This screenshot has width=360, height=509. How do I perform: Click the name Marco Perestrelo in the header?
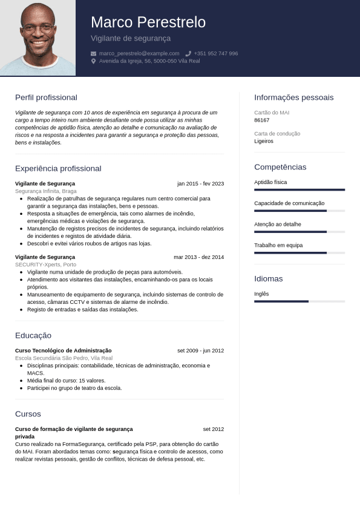tap(148, 22)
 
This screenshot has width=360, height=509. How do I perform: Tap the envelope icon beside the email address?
tap(93, 53)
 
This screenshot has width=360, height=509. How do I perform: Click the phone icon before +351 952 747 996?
tap(188, 53)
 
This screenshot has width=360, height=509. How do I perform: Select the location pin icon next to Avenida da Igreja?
tap(93, 61)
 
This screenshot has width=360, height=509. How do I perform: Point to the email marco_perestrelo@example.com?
tap(139, 53)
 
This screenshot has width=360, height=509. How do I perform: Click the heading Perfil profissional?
tap(46, 97)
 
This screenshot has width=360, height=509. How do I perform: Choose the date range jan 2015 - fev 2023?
tap(200, 183)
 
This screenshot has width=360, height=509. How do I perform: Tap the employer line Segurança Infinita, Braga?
tap(45, 191)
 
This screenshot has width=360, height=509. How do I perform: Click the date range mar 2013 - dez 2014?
tap(198, 257)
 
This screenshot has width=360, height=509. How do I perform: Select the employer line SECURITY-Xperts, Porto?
tap(45, 264)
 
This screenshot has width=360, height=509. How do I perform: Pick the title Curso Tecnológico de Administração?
tap(63, 350)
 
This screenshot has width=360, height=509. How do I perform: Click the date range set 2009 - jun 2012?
tap(200, 350)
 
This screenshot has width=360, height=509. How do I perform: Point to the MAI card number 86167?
tap(262, 120)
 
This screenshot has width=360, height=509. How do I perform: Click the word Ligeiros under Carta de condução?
tap(264, 141)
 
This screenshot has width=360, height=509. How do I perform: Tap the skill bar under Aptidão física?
tap(299, 189)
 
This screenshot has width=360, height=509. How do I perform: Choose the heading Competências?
tap(280, 167)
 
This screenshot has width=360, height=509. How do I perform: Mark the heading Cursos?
tap(28, 414)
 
